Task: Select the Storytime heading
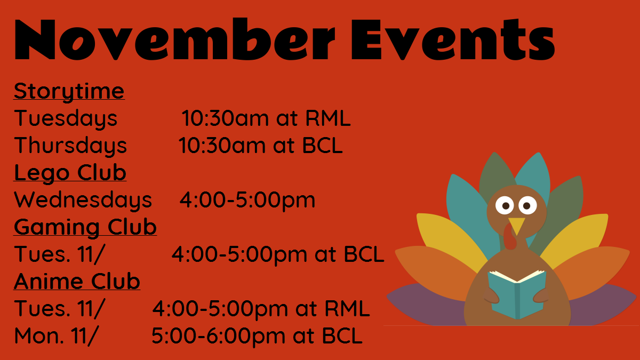(x=69, y=92)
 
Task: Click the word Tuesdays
(x=66, y=118)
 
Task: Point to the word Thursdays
(x=70, y=146)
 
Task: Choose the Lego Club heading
(x=70, y=173)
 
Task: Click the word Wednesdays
(x=83, y=200)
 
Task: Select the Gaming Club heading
(x=85, y=227)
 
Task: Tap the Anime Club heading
(x=77, y=282)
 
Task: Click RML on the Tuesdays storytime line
(x=328, y=118)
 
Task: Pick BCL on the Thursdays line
(x=323, y=146)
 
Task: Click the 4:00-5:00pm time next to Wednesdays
(x=247, y=201)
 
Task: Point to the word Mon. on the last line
(x=39, y=335)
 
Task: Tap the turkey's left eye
(x=505, y=205)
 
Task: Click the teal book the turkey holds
(x=517, y=294)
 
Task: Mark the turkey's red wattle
(x=509, y=238)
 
